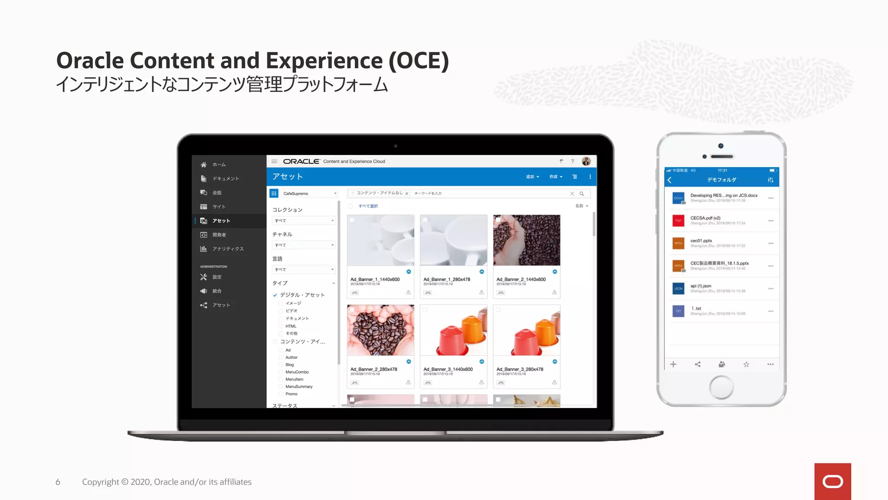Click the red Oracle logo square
pos(832,481)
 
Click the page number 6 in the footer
pos(58,482)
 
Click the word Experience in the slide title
pos(324,60)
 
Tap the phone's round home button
pos(721,387)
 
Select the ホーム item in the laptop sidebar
pos(219,165)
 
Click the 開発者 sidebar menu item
pos(219,235)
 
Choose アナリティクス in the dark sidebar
pos(228,249)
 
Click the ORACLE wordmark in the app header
pos(301,161)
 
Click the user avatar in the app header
pos(586,161)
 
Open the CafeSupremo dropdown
pos(309,194)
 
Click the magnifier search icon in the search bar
pos(582,194)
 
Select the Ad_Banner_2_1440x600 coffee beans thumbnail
pos(526,240)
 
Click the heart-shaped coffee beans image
pos(380,330)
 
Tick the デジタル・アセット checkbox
pos(275,295)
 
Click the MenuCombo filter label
pos(297,372)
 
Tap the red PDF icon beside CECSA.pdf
pos(678,220)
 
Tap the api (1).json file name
pos(701,286)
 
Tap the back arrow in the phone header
pos(670,180)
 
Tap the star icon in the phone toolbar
pos(746,365)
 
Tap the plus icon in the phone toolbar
pos(673,365)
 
